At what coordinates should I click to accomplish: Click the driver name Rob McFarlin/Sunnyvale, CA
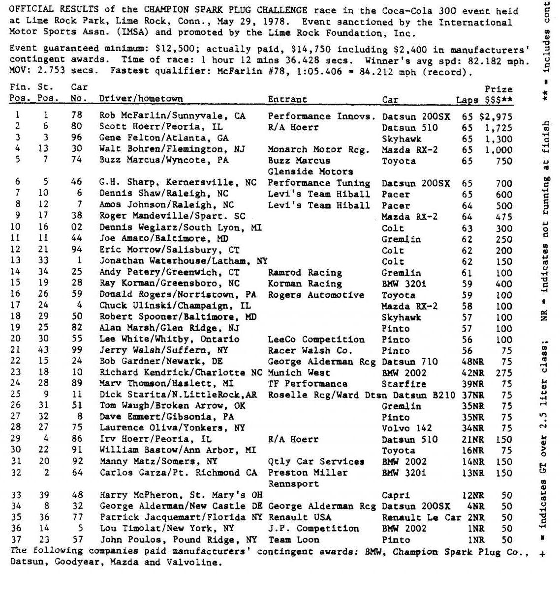coord(172,116)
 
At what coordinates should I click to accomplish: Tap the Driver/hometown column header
coord(141,99)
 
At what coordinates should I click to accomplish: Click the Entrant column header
coord(287,99)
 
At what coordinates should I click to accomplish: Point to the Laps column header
coord(467,100)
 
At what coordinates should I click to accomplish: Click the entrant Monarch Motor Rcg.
coord(318,149)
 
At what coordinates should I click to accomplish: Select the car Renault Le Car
coord(421,517)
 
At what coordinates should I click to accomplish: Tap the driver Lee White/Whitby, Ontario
coord(169,339)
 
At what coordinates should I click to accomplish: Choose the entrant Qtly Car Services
coord(316,462)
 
